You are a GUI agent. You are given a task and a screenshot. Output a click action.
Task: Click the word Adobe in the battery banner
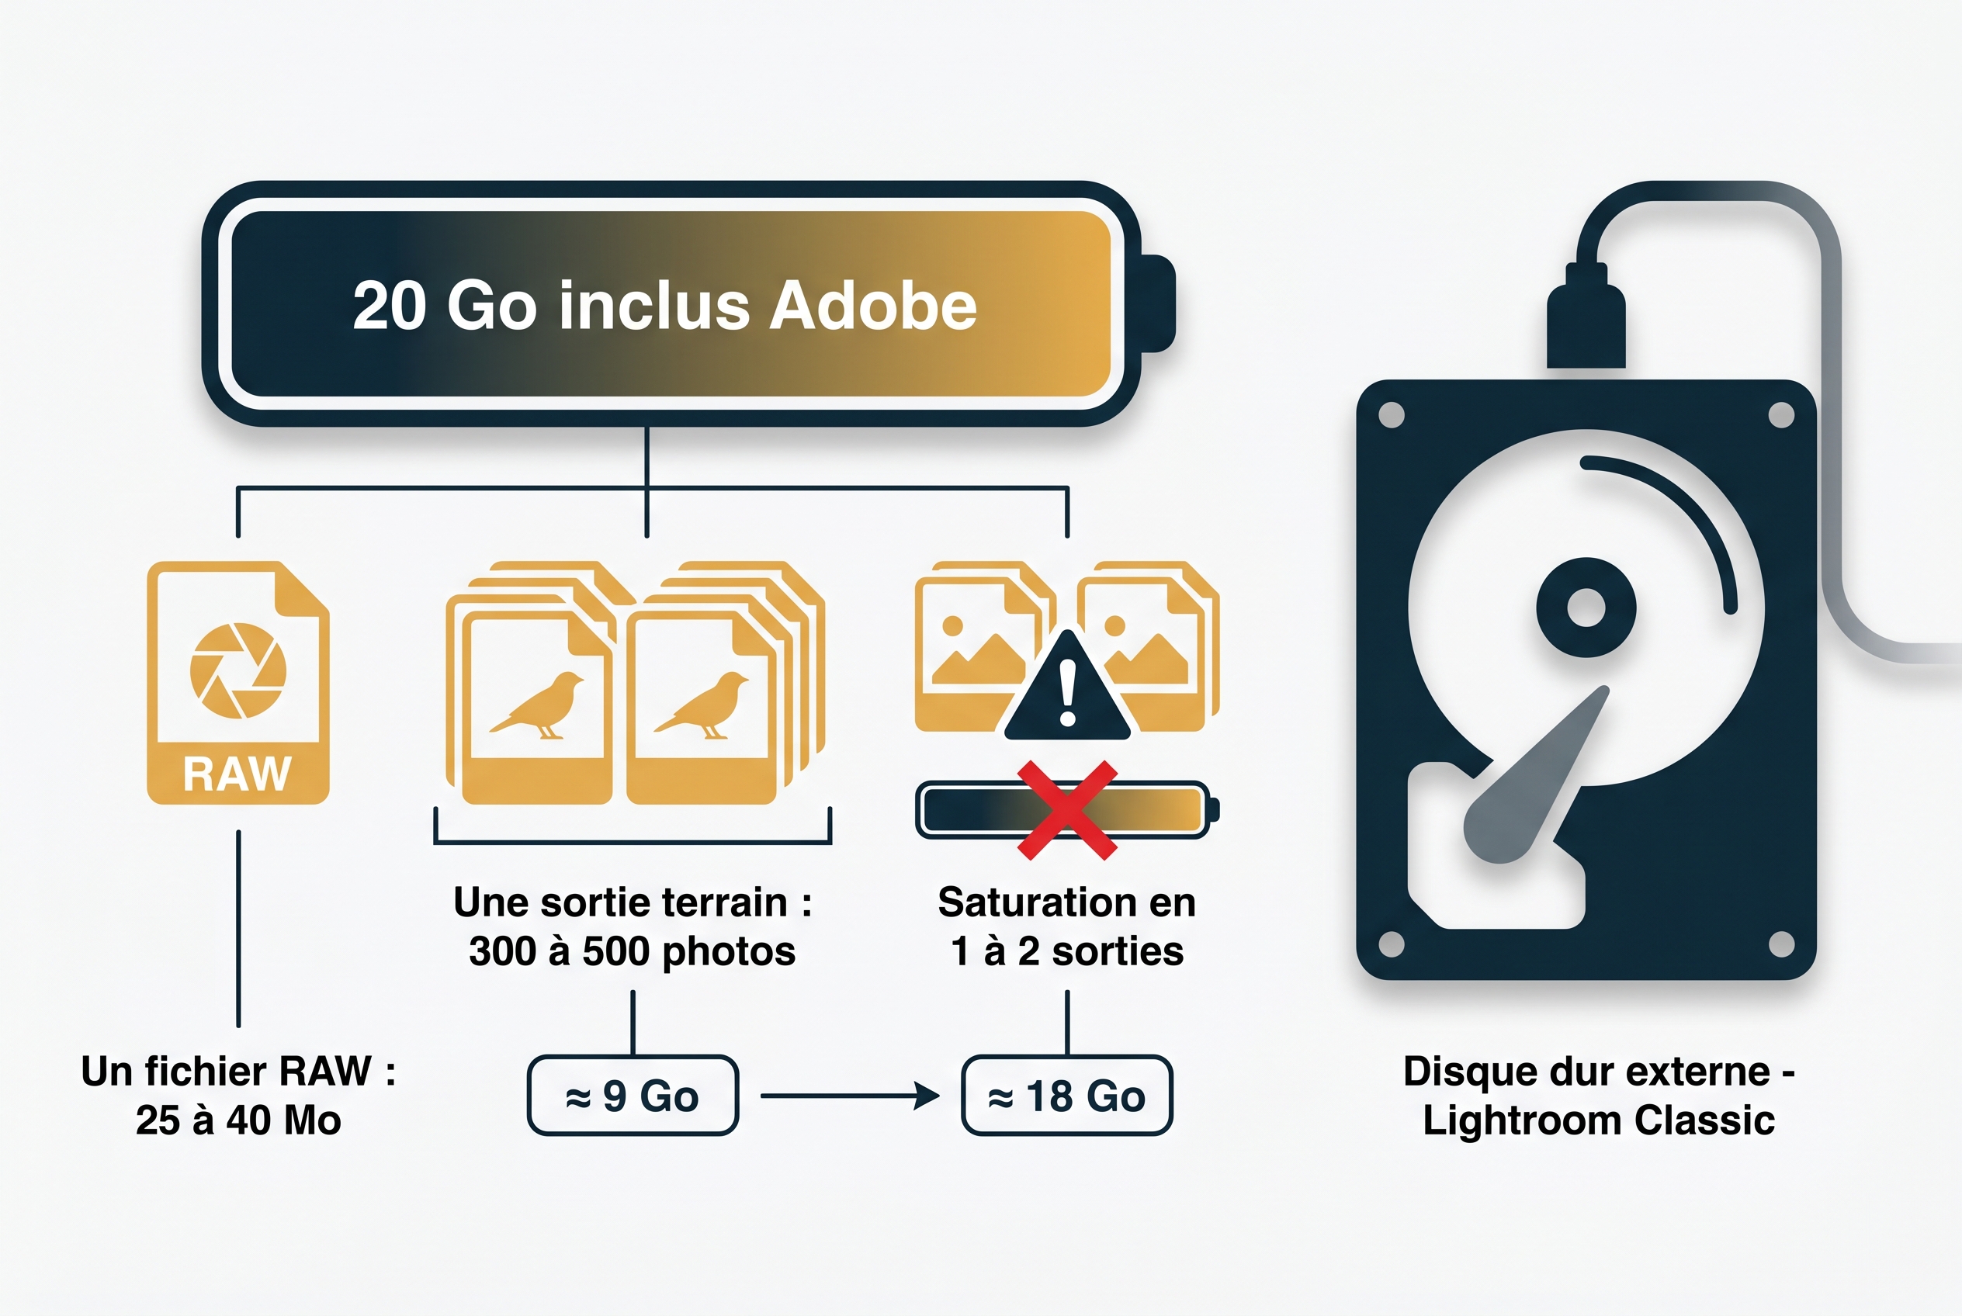(873, 306)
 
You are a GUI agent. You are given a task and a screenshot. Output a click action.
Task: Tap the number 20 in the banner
(390, 306)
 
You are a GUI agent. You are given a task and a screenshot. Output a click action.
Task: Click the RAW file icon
(238, 682)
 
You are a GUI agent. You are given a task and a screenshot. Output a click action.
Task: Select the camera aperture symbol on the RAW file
(238, 670)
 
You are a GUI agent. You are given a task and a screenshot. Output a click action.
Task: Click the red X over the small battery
(1067, 810)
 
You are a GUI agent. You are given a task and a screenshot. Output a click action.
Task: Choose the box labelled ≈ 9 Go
(633, 1096)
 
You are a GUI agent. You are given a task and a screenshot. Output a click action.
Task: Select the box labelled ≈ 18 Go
(1067, 1096)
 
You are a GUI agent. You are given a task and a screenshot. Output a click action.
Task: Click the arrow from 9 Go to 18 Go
(850, 1096)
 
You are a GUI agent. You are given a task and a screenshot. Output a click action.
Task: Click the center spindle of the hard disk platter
(1586, 608)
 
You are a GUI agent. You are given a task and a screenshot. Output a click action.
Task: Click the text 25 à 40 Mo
(238, 1120)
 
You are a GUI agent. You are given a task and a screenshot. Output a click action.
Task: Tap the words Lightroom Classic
(1600, 1120)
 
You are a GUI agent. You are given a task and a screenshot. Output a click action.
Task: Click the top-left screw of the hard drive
(1391, 414)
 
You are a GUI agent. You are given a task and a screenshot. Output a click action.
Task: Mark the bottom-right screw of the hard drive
(1781, 944)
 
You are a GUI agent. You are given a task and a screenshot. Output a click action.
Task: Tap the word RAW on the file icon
(237, 774)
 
